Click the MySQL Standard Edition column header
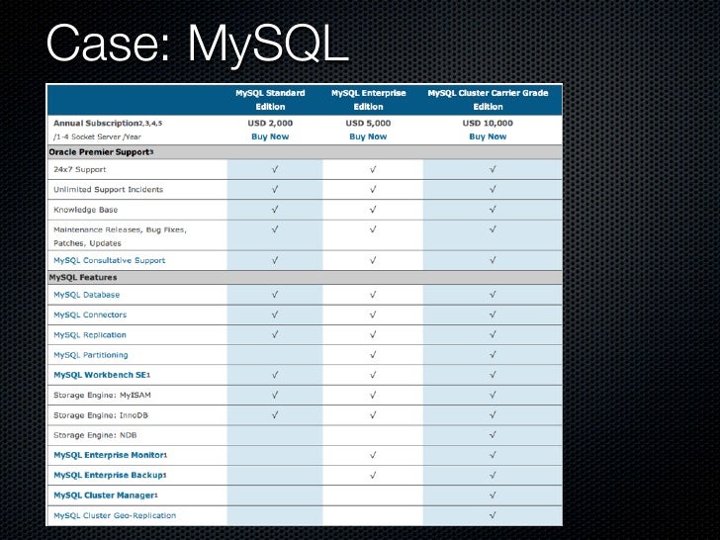coord(270,99)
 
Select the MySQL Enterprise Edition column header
coord(368,99)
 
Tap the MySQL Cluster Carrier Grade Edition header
coord(488,99)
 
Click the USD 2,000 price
coord(270,123)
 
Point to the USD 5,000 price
coord(368,123)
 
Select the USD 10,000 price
coord(488,123)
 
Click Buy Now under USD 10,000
coord(488,136)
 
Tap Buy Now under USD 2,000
coord(270,136)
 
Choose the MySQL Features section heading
coord(83,278)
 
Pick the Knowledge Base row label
coord(85,210)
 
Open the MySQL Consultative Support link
coord(109,260)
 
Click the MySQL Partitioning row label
coord(90,354)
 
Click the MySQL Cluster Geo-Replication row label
coord(115,515)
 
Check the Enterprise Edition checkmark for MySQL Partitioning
coord(373,354)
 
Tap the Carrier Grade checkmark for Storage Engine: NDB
coord(492,434)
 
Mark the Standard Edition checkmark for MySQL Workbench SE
coord(274,375)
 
